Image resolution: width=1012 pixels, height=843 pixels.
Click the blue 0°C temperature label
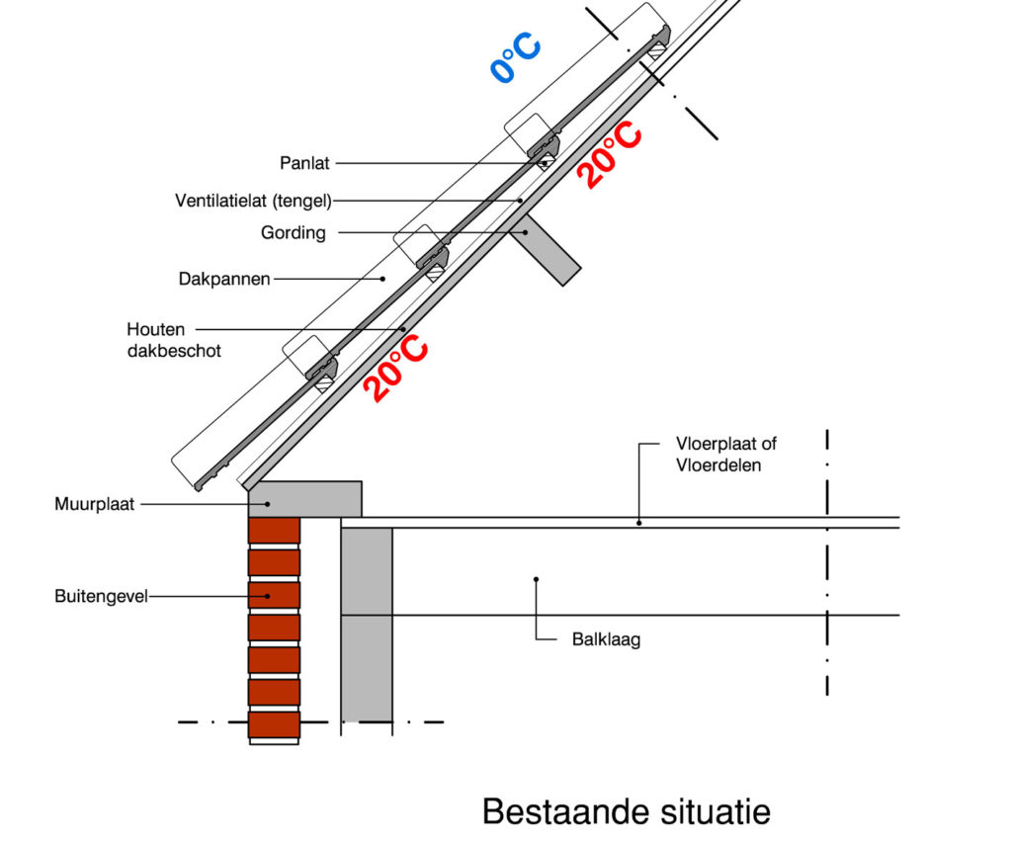(515, 57)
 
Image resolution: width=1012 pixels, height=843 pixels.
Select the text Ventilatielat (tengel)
(253, 201)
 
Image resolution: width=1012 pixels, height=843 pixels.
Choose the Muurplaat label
(94, 505)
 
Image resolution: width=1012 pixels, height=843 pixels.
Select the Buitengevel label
(101, 596)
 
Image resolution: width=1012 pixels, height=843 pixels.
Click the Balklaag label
(607, 639)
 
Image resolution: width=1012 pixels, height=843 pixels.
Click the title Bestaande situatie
(626, 811)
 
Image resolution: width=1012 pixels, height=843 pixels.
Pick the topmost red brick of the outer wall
(274, 531)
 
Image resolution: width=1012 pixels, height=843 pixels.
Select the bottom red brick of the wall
(274, 724)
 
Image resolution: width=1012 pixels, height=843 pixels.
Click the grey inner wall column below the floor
(367, 623)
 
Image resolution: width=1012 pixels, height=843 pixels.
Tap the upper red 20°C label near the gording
(609, 156)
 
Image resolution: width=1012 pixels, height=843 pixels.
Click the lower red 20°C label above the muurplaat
(394, 366)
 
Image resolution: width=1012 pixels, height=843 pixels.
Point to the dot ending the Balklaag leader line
(536, 579)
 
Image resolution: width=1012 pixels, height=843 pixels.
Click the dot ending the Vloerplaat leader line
(638, 522)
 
